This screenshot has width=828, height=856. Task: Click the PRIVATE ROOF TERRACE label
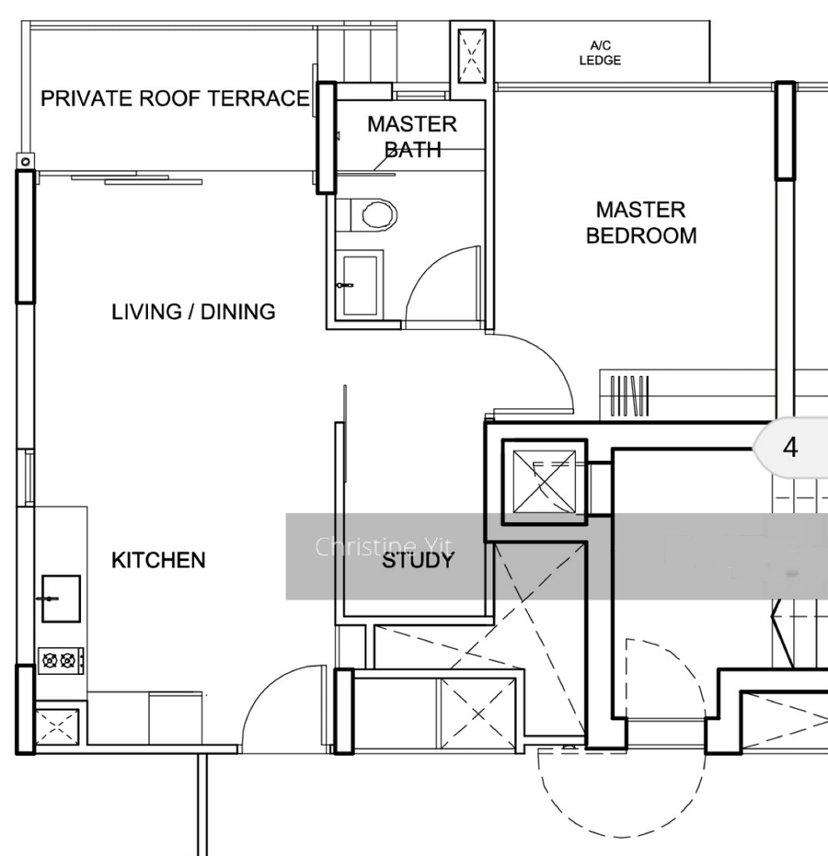click(x=175, y=98)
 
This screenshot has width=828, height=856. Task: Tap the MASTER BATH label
click(x=412, y=136)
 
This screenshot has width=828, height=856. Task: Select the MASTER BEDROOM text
click(x=641, y=223)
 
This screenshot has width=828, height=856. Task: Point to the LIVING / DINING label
click(x=193, y=312)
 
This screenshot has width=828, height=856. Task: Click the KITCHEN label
click(x=158, y=560)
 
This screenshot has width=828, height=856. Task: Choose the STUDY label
click(x=418, y=561)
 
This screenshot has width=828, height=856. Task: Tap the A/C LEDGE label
click(x=600, y=53)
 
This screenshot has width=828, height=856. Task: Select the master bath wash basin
click(x=360, y=286)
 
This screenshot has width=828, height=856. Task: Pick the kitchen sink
click(x=61, y=599)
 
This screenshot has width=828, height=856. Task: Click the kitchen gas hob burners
click(x=61, y=660)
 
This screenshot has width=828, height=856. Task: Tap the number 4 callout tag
click(x=790, y=448)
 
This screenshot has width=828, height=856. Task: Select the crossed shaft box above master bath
click(x=472, y=56)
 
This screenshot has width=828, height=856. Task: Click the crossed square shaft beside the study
click(x=545, y=482)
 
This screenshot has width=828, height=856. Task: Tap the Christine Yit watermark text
click(x=384, y=546)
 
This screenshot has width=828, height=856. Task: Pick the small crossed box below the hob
click(x=57, y=726)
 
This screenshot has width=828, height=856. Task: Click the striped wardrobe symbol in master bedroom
click(x=629, y=395)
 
